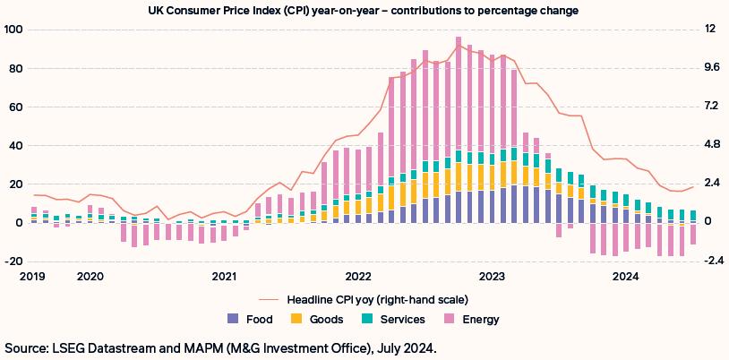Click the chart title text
coord(364,11)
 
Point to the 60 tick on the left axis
coord(15,107)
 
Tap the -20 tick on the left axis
coord(13,261)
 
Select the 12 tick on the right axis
coord(710,30)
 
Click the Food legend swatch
coord(234,318)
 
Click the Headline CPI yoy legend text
coord(377,299)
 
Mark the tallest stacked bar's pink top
coord(458,39)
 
